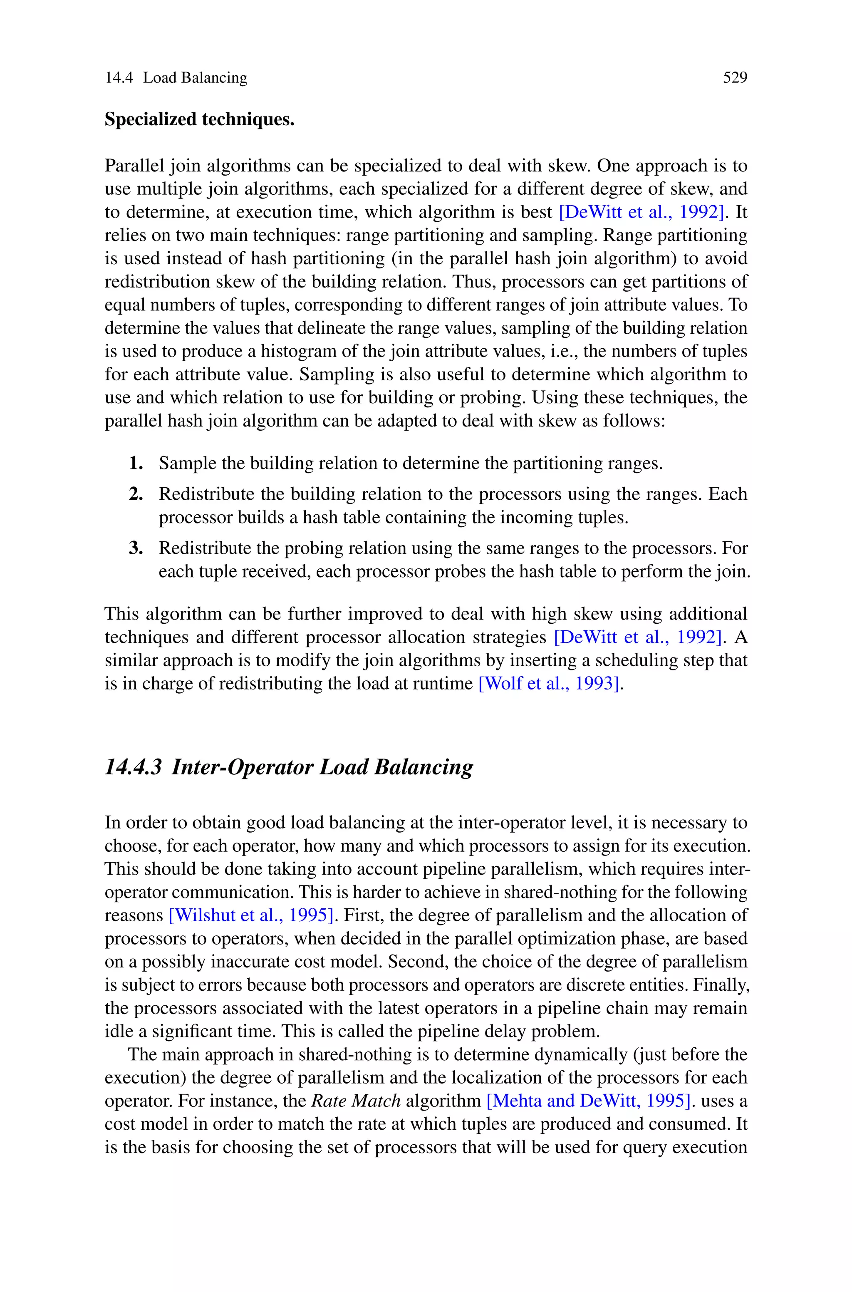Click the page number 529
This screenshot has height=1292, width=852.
[x=735, y=78]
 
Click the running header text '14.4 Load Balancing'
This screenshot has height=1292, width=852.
[x=176, y=78]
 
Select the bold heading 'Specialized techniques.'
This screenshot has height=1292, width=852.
[x=199, y=119]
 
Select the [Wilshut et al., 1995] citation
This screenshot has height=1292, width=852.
[x=250, y=915]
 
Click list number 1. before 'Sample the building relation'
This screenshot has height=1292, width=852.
[x=136, y=464]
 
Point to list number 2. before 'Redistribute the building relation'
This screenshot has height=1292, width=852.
[x=136, y=494]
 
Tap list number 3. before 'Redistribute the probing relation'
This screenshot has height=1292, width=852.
[x=136, y=548]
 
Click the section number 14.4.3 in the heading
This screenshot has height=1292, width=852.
[x=133, y=766]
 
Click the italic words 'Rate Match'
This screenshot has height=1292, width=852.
[x=356, y=1100]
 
